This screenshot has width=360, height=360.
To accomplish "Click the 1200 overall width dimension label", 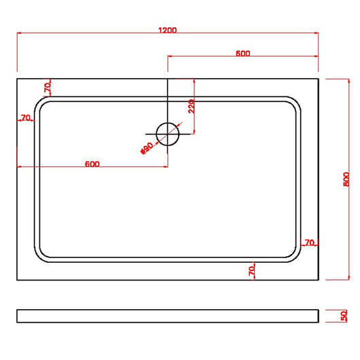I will click(168, 29).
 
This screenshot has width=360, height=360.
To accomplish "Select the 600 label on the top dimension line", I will click(243, 54).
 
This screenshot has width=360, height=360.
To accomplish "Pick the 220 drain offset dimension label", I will click(192, 106).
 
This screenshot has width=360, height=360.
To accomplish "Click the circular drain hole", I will click(167, 134).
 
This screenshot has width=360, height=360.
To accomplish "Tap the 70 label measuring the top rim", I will click(48, 88).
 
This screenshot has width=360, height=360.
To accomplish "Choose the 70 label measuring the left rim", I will click(26, 118).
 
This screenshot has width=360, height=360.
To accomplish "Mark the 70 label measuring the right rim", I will click(309, 242).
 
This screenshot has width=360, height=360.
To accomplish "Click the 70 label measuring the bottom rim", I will click(251, 270).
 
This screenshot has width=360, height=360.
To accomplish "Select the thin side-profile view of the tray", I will click(168, 316).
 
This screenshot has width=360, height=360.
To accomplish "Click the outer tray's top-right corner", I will click(319, 79).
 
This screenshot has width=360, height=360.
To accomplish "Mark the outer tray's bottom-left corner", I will click(17, 279).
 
